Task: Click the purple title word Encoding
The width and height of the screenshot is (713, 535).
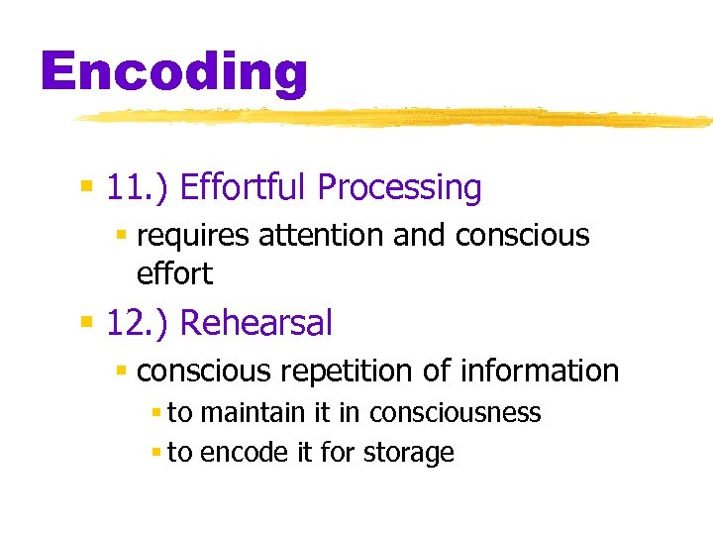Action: coord(174,72)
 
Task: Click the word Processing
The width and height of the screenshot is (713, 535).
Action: coord(399,187)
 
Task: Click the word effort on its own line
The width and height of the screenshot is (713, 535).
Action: coord(174,272)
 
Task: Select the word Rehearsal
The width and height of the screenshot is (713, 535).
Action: coord(256,323)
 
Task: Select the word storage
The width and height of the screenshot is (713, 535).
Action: coord(409,453)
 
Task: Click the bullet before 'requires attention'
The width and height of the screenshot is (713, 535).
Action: coord(122,236)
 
